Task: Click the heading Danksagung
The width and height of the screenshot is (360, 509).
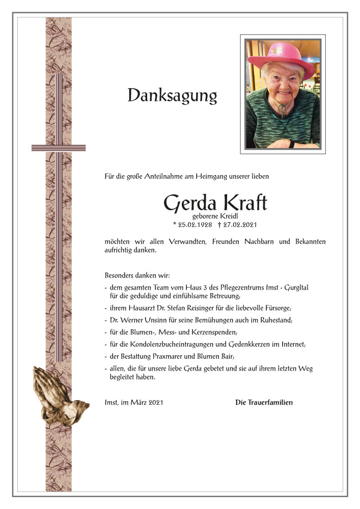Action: click(172, 95)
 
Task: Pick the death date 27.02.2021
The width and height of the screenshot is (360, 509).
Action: click(241, 224)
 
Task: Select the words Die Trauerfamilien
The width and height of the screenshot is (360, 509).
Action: click(264, 403)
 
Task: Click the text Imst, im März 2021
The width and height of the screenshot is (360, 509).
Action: click(134, 403)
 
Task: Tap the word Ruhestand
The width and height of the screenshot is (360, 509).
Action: click(275, 320)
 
